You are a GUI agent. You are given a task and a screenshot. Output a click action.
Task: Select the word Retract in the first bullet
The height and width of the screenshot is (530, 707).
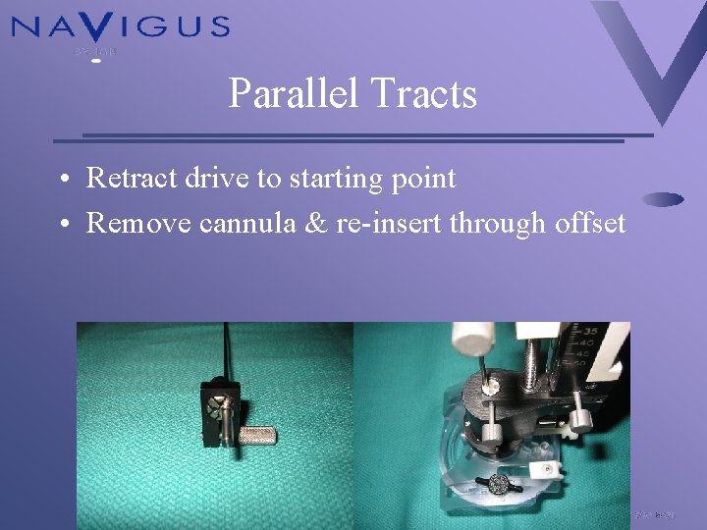(x=126, y=179)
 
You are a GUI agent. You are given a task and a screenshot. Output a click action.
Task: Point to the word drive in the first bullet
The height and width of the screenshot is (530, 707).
(x=201, y=179)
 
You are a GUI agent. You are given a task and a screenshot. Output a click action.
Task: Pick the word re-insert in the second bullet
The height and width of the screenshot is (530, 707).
(x=390, y=224)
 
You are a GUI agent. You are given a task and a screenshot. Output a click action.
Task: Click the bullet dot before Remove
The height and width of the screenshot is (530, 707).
(x=62, y=225)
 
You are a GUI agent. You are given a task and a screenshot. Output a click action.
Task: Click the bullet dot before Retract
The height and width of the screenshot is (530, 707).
(x=62, y=180)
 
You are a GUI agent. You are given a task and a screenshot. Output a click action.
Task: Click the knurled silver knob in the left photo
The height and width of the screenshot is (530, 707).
(x=256, y=431)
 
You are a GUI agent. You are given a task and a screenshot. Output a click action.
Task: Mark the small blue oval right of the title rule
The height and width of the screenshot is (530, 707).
(x=664, y=198)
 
